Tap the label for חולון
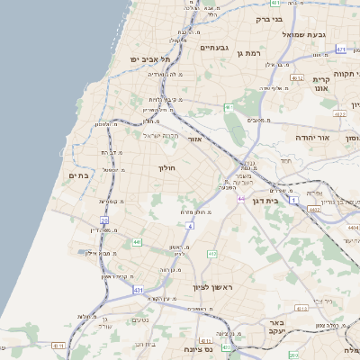[166, 168]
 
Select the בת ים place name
[79, 175]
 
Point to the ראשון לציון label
[212, 287]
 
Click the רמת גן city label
[251, 54]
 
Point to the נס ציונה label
[196, 348]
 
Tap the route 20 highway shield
[104, 220]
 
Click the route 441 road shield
[137, 242]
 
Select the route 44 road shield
[241, 198]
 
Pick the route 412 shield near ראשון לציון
[212, 255]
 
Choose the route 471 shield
[341, 49]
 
